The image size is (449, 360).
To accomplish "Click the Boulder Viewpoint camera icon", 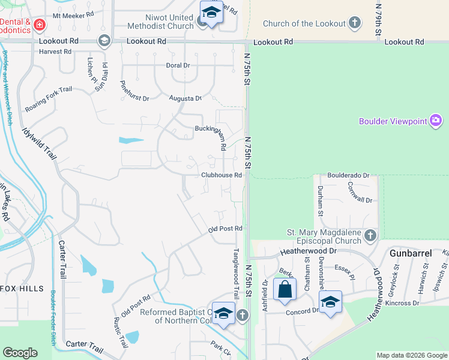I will tap(436, 121).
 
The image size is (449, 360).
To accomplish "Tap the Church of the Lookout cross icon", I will tap(355, 23).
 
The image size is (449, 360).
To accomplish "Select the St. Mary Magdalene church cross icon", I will tap(370, 236).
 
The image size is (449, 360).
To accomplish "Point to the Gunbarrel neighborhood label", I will tap(411, 253).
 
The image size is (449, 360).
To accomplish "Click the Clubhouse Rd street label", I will tap(221, 175).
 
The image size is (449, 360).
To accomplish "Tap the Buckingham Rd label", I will tap(210, 128).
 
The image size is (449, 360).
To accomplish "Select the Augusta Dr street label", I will tap(185, 98).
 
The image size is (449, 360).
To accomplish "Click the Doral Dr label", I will tap(178, 65).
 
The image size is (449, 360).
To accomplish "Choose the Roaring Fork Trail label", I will tap(49, 99).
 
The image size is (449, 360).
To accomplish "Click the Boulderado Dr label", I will tap(348, 175).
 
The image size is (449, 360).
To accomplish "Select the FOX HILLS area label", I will tap(22, 289).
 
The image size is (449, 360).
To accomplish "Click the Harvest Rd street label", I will tap(55, 52).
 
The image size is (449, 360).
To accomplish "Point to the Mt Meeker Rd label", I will tap(74, 16).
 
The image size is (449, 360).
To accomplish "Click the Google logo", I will tap(20, 353).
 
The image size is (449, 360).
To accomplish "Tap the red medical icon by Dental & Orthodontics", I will tap(39, 25).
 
